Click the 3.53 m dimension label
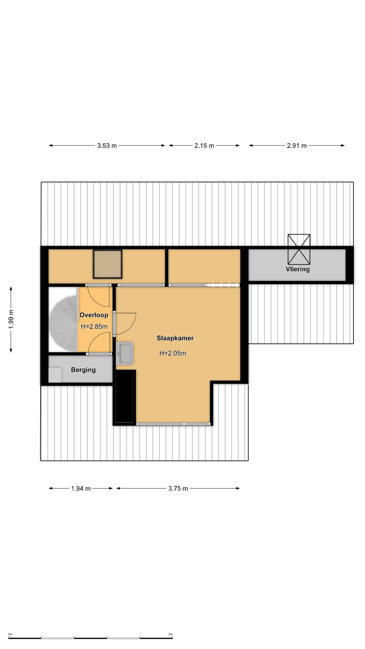click(x=107, y=146)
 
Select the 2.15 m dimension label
click(x=204, y=146)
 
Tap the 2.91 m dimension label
click(x=297, y=146)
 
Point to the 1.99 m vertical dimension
click(x=11, y=319)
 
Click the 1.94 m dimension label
click(x=81, y=488)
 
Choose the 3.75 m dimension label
click(x=178, y=488)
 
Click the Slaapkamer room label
click(x=175, y=338)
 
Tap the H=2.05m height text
click(x=173, y=353)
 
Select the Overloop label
click(x=94, y=315)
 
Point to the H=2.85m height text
click(x=94, y=327)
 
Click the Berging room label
click(x=83, y=370)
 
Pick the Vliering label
click(x=297, y=269)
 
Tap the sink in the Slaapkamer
click(x=124, y=354)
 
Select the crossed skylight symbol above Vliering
click(x=299, y=249)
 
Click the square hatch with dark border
click(x=107, y=264)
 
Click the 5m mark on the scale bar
click(x=171, y=634)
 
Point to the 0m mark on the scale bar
click(x=10, y=634)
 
